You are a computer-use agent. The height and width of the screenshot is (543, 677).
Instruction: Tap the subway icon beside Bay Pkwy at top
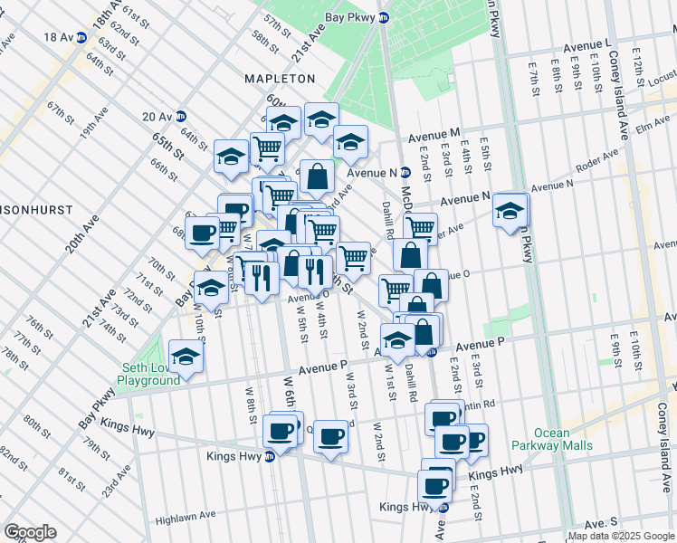tap(384, 17)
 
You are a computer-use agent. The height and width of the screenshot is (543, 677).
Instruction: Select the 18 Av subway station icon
tap(81, 37)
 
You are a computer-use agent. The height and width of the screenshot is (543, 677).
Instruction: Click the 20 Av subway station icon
tap(180, 116)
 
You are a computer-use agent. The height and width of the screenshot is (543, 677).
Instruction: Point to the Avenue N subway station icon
tap(405, 172)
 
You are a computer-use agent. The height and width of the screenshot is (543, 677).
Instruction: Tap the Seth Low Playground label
tap(152, 374)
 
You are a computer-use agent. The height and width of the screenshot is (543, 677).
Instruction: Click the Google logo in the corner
tap(30, 532)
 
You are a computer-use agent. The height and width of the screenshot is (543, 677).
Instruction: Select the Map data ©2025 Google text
tap(621, 536)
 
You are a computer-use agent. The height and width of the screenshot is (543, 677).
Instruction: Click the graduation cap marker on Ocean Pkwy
tap(511, 211)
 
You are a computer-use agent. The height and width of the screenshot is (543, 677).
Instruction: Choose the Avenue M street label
tap(434, 134)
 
